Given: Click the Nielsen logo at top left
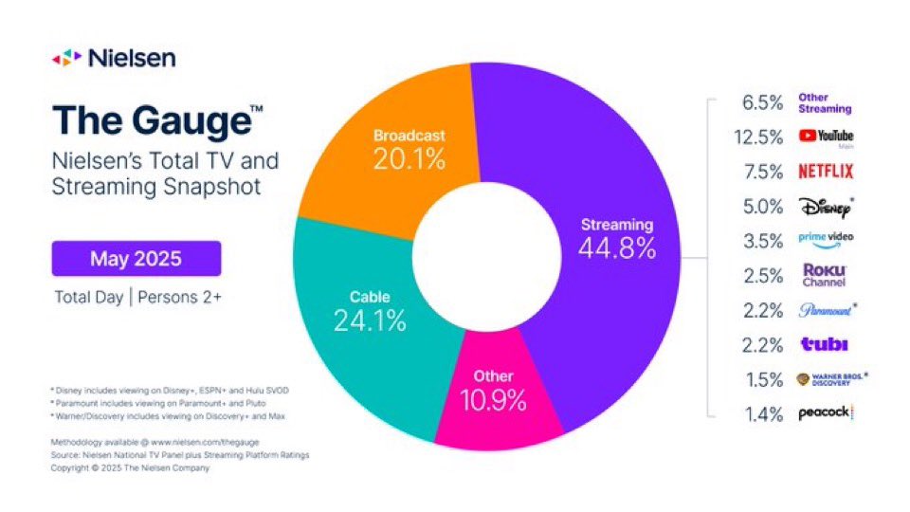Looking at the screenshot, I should [114, 58].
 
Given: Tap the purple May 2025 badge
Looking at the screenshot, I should [136, 258].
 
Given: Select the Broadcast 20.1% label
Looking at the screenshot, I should [409, 149].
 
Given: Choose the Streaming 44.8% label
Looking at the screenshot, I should [617, 238].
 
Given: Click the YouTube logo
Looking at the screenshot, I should [826, 137].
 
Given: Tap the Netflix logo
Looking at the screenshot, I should [825, 172].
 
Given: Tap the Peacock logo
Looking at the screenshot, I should [825, 413].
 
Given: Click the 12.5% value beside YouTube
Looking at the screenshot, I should [759, 137].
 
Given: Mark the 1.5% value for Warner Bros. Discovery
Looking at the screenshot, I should [763, 379].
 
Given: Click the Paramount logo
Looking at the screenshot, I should [825, 310].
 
